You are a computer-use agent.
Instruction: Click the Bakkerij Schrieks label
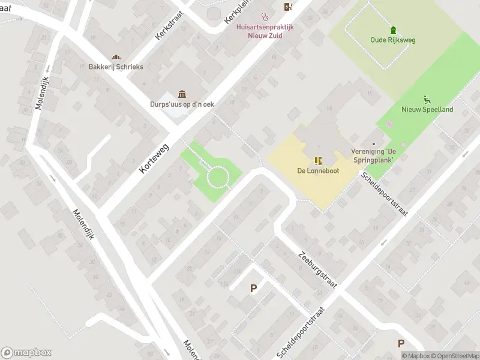(x=116, y=67)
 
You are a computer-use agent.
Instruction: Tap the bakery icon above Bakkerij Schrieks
(x=116, y=57)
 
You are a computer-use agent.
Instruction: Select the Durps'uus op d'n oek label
(x=182, y=104)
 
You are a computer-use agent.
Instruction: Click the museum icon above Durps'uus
(x=182, y=94)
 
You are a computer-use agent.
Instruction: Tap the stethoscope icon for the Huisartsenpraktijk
(x=264, y=17)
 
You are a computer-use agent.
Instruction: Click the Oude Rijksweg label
(x=393, y=40)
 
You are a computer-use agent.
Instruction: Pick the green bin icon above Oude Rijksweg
(x=393, y=30)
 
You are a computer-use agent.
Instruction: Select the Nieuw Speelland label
(x=427, y=109)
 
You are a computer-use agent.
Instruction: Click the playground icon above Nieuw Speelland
(x=427, y=99)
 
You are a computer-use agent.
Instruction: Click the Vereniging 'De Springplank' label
(x=373, y=156)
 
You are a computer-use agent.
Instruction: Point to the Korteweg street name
(x=155, y=159)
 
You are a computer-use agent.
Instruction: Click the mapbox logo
(x=26, y=352)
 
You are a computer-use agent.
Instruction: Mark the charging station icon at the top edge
(x=289, y=7)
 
